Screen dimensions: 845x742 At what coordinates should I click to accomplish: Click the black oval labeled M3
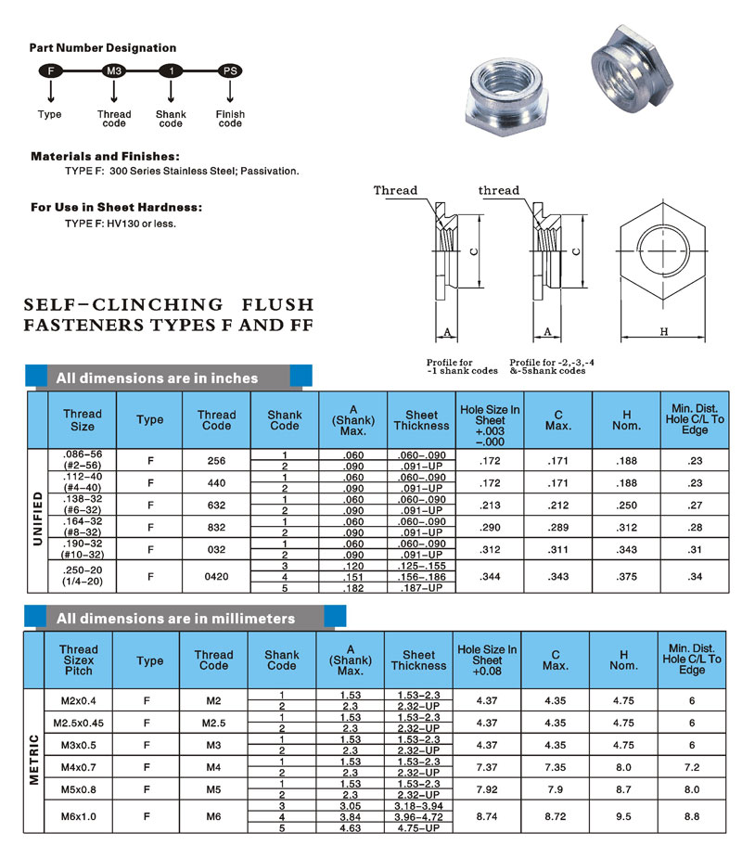(113, 70)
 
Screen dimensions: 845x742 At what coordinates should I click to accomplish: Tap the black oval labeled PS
(229, 70)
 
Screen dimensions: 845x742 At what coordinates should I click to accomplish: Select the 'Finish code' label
(230, 119)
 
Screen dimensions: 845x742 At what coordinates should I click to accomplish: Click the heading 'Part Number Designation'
(103, 47)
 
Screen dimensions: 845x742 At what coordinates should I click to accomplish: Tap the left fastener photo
(506, 94)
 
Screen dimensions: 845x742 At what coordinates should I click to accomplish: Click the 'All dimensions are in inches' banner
(157, 378)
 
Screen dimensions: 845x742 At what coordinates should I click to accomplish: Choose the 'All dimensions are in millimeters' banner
(175, 619)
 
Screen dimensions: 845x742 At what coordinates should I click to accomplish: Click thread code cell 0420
(216, 576)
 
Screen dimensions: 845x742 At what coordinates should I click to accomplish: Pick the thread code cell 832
(216, 527)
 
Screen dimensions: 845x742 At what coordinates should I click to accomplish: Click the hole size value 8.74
(488, 817)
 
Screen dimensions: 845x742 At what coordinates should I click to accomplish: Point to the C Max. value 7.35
(556, 767)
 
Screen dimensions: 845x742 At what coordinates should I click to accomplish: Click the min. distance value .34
(694, 576)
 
